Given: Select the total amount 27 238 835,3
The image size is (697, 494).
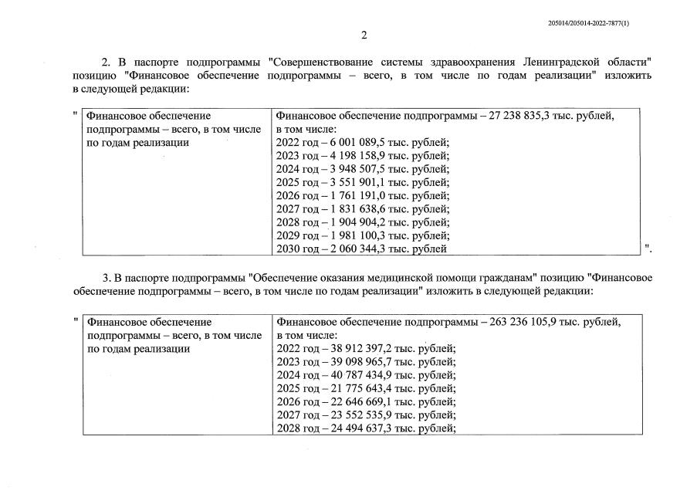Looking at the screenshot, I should pyautogui.click(x=530, y=116).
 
